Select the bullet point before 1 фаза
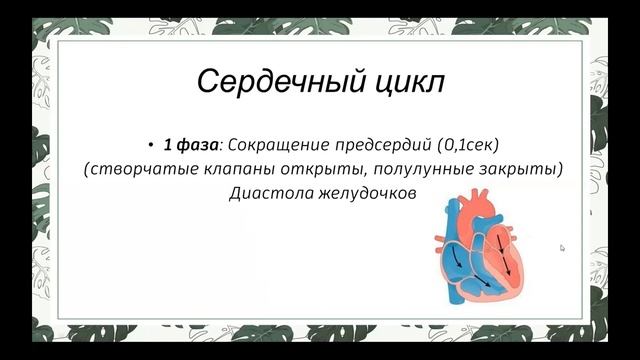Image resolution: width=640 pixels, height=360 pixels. pyautogui.click(x=151, y=145)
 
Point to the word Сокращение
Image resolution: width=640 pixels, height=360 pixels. pyautogui.click(x=276, y=145)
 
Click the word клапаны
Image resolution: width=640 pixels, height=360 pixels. pyautogui.click(x=235, y=169)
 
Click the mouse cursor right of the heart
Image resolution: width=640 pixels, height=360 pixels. pyautogui.click(x=562, y=248)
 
